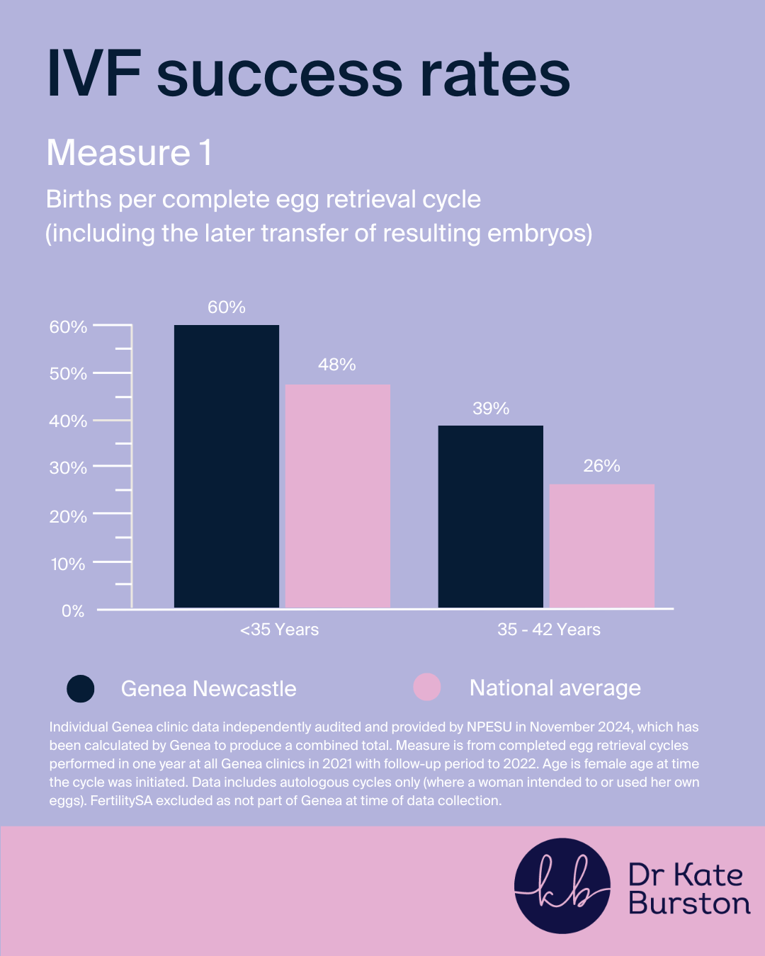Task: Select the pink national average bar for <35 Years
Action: click(338, 496)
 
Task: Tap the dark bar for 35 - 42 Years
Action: click(491, 516)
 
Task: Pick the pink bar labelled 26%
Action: click(602, 545)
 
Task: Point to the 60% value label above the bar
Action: click(227, 307)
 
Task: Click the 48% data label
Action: click(337, 365)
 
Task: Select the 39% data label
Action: click(491, 409)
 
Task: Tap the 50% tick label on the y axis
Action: click(68, 374)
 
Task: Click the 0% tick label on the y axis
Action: click(73, 611)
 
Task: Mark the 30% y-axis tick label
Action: click(68, 468)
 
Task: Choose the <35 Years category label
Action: click(279, 630)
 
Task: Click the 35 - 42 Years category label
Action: click(549, 630)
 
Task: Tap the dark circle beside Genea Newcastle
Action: click(81, 688)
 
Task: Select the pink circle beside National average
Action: click(427, 687)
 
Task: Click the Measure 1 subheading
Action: click(130, 153)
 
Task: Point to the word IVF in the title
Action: click(93, 74)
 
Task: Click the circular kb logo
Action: click(562, 886)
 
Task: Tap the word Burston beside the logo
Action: click(689, 904)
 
